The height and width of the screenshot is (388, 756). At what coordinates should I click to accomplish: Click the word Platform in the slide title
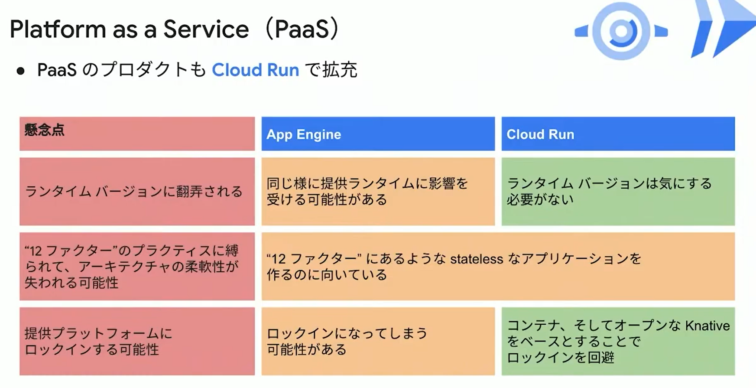58,29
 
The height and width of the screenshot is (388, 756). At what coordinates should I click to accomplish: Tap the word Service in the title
206,29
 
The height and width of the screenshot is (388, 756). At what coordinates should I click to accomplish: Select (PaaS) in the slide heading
302,29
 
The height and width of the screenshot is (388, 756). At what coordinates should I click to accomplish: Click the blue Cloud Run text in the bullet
255,70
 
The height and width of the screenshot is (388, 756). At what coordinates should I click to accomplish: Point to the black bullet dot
20,71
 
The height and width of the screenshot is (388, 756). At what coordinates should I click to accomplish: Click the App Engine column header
378,134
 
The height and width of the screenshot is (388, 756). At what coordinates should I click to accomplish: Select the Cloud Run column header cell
618,134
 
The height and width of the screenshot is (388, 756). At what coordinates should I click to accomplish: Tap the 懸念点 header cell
137,134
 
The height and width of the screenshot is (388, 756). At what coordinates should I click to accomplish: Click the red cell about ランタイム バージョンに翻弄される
137,192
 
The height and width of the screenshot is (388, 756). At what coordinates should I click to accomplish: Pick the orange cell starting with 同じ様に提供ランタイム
378,192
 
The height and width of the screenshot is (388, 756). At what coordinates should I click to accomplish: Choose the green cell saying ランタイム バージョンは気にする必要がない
618,192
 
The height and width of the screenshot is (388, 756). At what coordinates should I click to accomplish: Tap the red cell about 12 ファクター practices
137,267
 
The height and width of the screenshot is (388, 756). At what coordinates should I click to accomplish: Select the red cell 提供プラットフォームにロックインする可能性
137,341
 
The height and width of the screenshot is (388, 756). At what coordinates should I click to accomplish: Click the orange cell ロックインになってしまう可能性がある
378,341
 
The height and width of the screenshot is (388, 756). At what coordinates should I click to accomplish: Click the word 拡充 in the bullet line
340,70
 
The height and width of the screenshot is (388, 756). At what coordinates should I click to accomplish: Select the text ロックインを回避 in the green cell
560,358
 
